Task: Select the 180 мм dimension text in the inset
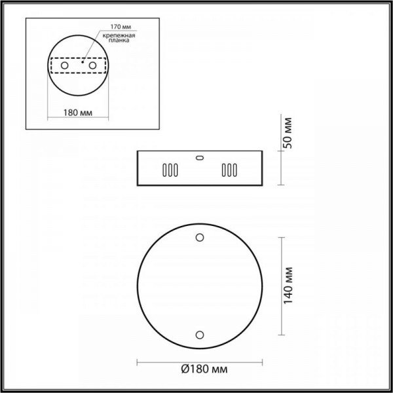click(x=77, y=113)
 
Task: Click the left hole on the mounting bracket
click(x=64, y=66)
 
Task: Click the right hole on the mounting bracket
click(x=93, y=66)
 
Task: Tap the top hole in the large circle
click(x=200, y=237)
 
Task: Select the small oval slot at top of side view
click(x=200, y=157)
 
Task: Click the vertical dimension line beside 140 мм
click(x=281, y=285)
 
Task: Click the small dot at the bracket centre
click(x=82, y=63)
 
